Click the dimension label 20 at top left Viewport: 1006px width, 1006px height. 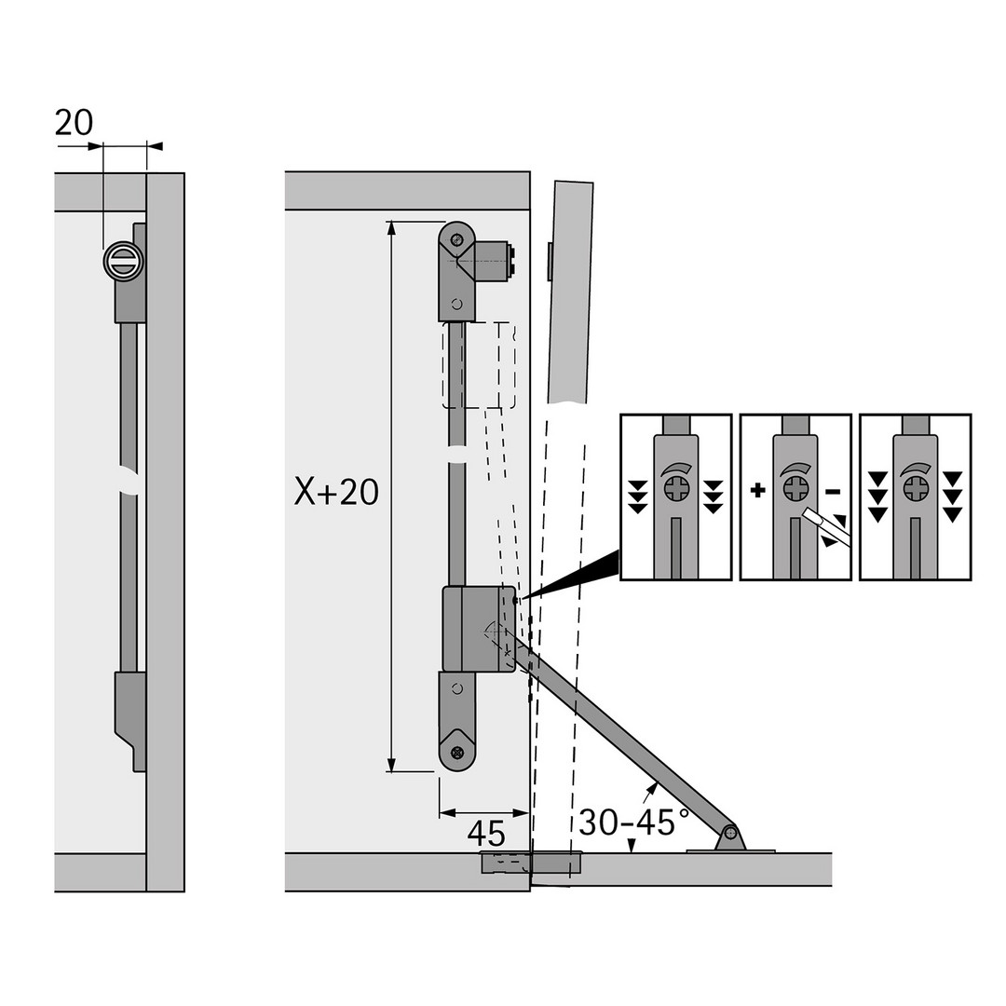tap(74, 123)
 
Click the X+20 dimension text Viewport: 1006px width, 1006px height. tap(336, 493)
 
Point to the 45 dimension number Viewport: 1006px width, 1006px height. tap(486, 834)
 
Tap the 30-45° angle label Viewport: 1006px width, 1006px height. tap(634, 822)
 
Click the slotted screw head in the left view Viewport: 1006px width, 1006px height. tap(123, 261)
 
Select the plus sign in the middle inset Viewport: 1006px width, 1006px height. tap(758, 491)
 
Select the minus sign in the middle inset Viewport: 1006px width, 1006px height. tap(832, 492)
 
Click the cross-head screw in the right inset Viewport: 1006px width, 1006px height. tap(916, 490)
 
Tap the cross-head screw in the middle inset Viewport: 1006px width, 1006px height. tap(795, 491)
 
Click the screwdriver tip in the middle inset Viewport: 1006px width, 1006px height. tap(807, 513)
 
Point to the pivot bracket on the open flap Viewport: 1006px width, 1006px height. tap(730, 840)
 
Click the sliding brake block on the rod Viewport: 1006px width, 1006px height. tap(479, 629)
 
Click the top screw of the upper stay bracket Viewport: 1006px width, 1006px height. tap(456, 240)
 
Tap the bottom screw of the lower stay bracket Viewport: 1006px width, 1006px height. tap(456, 752)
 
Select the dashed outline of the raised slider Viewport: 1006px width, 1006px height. tap(479, 366)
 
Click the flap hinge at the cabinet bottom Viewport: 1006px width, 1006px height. tap(531, 863)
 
